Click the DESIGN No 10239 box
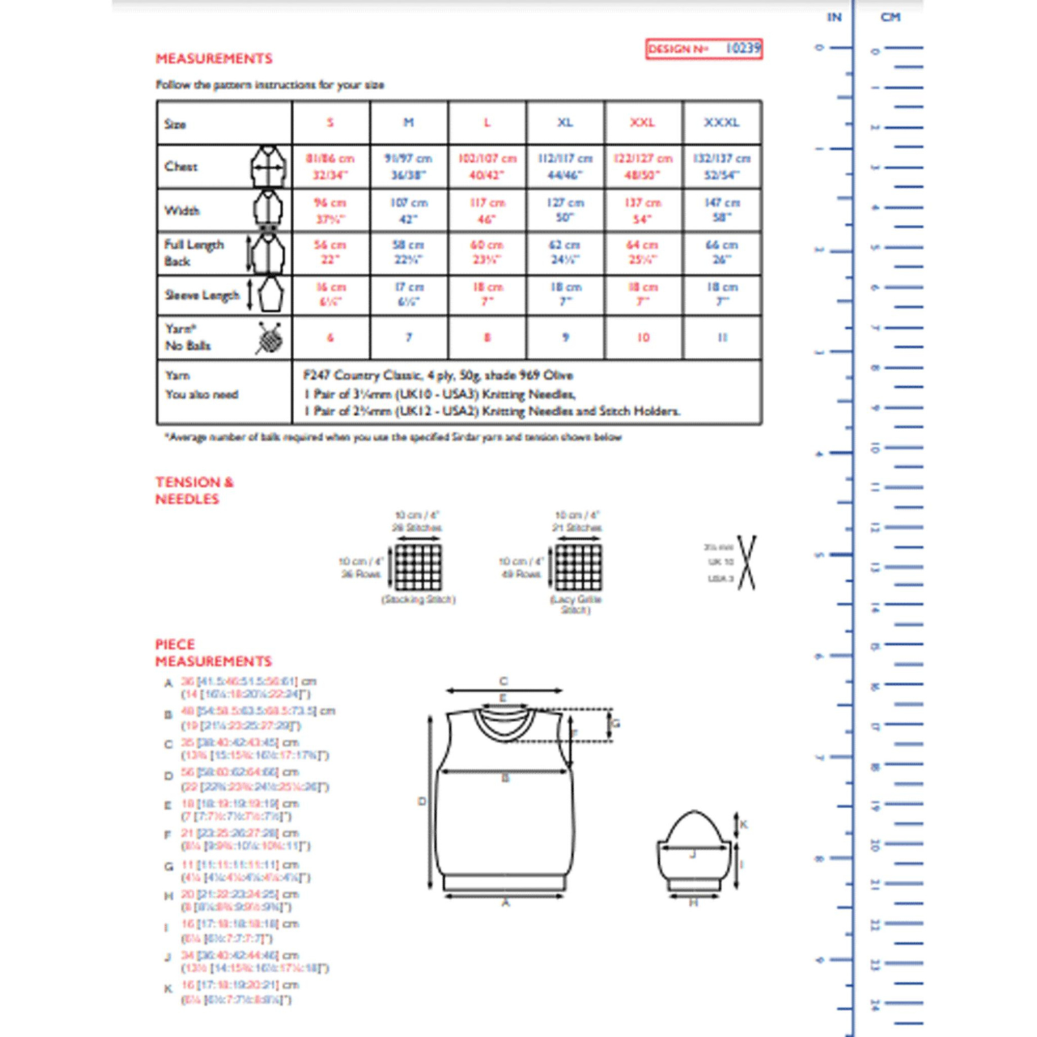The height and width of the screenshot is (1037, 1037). pyautogui.click(x=704, y=49)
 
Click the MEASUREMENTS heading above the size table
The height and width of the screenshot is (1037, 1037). pyautogui.click(x=214, y=58)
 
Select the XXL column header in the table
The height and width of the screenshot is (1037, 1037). pyautogui.click(x=643, y=122)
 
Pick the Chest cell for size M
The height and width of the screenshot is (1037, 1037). pyautogui.click(x=408, y=167)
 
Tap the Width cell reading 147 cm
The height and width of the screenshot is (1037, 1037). pyautogui.click(x=722, y=210)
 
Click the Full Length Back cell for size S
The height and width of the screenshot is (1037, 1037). pyautogui.click(x=331, y=252)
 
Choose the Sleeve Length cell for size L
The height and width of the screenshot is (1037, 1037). pyautogui.click(x=487, y=294)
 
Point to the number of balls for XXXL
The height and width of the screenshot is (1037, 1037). pyautogui.click(x=722, y=337)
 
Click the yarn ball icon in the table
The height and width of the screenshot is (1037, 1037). pyautogui.click(x=269, y=338)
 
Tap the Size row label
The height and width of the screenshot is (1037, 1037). pyautogui.click(x=176, y=124)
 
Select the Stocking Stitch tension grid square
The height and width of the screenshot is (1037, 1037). pyautogui.click(x=418, y=567)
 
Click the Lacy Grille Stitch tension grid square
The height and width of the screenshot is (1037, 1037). pyautogui.click(x=578, y=567)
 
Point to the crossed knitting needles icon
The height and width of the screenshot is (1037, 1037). pyautogui.click(x=747, y=563)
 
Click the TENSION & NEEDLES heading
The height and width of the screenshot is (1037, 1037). pyautogui.click(x=194, y=490)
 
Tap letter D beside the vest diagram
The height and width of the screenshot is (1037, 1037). pyautogui.click(x=422, y=802)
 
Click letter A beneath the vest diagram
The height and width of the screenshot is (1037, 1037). pyautogui.click(x=506, y=902)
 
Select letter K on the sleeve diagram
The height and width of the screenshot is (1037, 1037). pyautogui.click(x=743, y=824)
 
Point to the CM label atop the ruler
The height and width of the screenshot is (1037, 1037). pyautogui.click(x=891, y=17)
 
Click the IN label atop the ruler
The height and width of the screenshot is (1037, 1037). pyautogui.click(x=834, y=17)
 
